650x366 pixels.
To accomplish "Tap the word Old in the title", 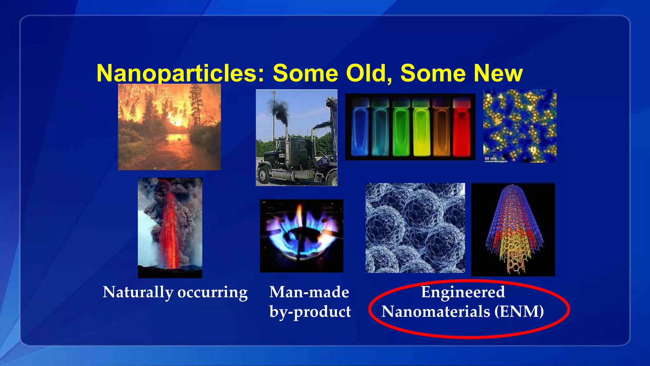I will coord(368,73).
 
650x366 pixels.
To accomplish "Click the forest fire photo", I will coord(169,127).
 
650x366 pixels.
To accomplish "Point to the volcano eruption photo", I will coord(170,227).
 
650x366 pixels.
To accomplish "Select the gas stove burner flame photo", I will coord(302,235).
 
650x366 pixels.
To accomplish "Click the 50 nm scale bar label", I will coord(490,158).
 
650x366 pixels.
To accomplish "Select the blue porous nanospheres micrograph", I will coord(415,227).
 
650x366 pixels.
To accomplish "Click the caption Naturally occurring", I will coord(175,292).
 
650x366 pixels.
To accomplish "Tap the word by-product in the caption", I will coord(310,312).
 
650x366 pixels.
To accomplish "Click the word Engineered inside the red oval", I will coord(463,292).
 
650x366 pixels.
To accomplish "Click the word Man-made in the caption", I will coord(309,292).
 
